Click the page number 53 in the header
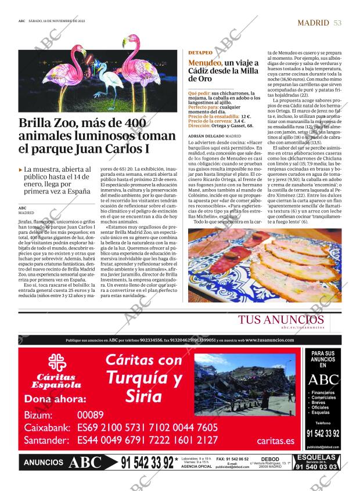tap(337, 23)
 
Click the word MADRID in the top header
tap(313, 23)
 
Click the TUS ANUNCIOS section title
tap(281, 320)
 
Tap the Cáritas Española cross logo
tap(56, 363)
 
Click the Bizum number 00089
tap(90, 415)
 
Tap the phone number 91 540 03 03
tap(316, 467)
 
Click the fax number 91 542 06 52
tap(232, 458)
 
